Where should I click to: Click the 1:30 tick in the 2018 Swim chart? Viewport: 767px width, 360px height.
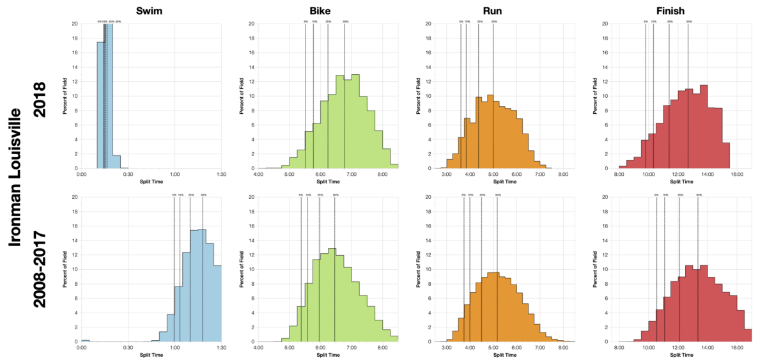pos(221,174)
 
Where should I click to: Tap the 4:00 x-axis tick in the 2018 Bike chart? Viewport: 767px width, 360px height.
pos(258,174)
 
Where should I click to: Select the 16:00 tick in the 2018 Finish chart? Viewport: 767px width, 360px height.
pos(736,174)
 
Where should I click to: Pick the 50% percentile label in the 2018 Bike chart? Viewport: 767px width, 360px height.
pos(345,21)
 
